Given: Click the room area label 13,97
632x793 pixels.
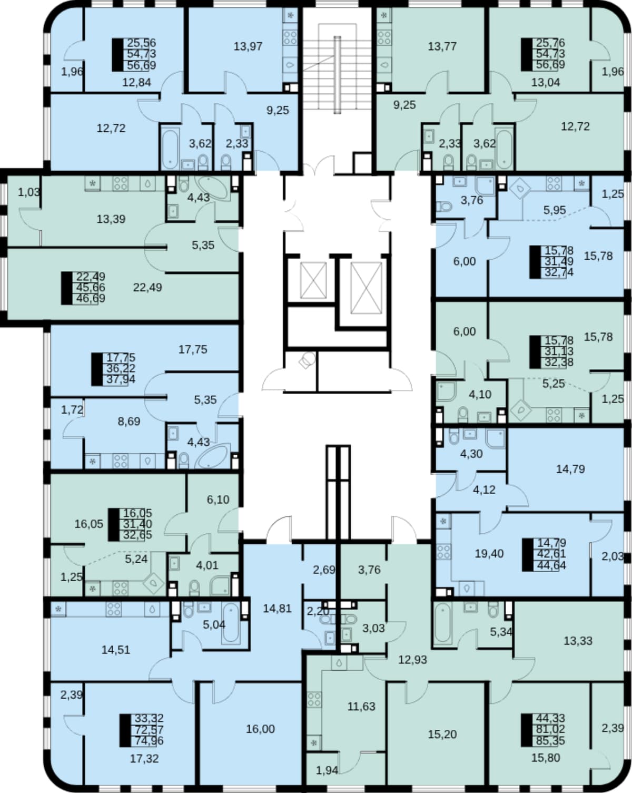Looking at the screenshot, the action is [248, 47].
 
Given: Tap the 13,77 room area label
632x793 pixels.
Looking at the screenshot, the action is [442, 47].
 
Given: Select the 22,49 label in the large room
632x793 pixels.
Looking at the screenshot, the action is [147, 287].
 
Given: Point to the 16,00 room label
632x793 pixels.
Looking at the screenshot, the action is [260, 729].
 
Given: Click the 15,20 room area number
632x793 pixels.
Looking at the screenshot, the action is [442, 734].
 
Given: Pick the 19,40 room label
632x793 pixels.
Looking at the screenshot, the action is [489, 553].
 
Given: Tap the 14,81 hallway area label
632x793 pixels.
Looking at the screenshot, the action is [278, 609].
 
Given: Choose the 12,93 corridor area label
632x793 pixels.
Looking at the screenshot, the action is [412, 660].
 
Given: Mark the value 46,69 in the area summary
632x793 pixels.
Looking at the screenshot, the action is [90, 298].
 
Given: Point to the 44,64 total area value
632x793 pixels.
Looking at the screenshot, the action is [551, 565].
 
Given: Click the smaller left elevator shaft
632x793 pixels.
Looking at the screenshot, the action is [313, 280].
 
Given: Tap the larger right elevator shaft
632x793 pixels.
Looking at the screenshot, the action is [366, 288].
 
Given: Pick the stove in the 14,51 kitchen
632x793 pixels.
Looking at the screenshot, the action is [113, 609].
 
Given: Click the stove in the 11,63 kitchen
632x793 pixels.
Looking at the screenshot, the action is [314, 699].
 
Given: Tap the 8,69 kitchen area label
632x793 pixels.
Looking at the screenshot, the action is [129, 421].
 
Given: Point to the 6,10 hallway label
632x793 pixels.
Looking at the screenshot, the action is [218, 500].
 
